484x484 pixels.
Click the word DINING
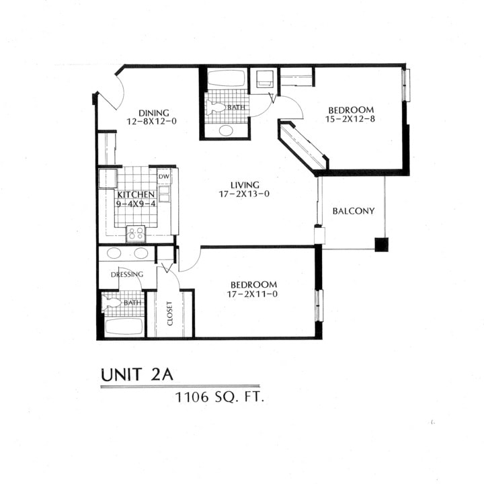pos(153,113)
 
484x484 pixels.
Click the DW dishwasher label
pos(163,177)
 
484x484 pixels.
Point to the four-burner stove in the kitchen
pos(136,233)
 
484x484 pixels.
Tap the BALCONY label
pos(354,211)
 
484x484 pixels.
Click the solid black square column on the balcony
pos(381,244)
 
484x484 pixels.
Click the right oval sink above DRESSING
pos(141,254)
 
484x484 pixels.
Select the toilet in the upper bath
pos(216,108)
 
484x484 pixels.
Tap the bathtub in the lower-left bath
pos(123,327)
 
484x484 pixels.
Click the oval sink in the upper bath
pos(227,130)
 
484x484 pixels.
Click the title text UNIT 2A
pos(140,374)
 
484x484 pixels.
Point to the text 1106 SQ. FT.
pos(219,397)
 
